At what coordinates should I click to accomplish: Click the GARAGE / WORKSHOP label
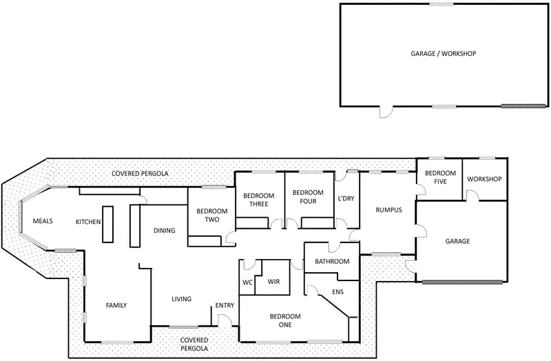coord(443,54)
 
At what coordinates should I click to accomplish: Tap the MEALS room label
coord(43,221)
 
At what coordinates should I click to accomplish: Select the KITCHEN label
coord(88,222)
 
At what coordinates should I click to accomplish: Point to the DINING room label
coord(164,231)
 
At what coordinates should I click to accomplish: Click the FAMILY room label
coord(116,305)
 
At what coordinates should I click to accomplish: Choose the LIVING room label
coord(181,299)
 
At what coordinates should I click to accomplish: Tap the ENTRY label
coord(225,305)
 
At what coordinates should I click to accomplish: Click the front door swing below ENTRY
coord(225,320)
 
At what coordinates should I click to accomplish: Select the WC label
coord(247,282)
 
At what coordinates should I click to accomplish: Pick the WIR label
coord(273,282)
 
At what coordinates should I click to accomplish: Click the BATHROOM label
coord(332,262)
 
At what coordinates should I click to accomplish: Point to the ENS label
coord(337,291)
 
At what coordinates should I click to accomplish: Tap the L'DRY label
coord(346,198)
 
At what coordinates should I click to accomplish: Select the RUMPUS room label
coord(388,210)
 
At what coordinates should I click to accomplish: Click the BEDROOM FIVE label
coord(440,178)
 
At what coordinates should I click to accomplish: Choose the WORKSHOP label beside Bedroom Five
coord(484,179)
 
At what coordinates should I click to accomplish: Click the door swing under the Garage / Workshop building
coord(386,112)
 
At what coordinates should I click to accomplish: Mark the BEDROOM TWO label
coord(212,216)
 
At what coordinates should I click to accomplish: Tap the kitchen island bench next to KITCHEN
coord(107,225)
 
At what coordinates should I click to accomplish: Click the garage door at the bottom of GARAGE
coord(462,282)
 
